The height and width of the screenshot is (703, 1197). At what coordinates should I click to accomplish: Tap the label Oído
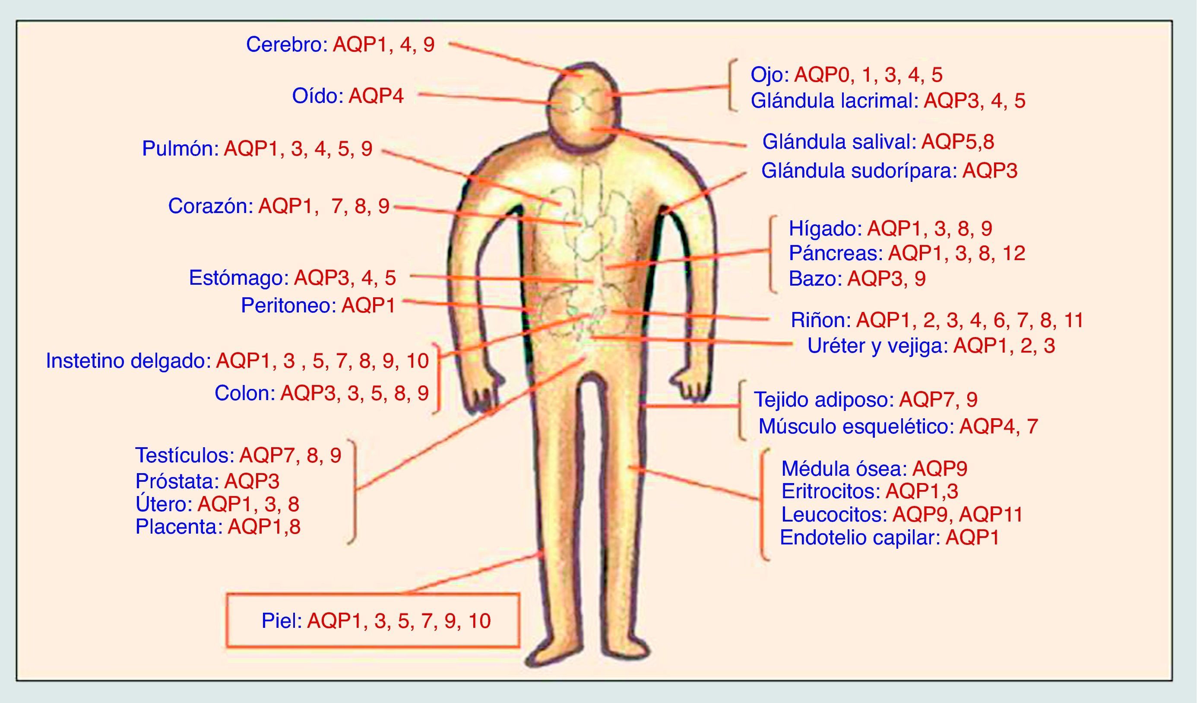click(317, 96)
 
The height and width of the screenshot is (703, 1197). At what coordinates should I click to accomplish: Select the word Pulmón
click(180, 149)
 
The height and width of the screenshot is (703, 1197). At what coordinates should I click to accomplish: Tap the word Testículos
click(184, 455)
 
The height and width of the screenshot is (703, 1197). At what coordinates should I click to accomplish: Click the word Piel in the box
click(281, 621)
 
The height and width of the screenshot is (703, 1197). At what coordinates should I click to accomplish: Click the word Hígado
click(825, 229)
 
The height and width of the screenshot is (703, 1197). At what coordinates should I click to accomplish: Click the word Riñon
click(820, 320)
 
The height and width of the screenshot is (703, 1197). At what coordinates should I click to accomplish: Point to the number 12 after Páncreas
click(1014, 253)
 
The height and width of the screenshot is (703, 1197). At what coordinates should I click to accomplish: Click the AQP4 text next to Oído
click(376, 96)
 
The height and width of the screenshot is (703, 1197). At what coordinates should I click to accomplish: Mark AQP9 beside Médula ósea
click(940, 469)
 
